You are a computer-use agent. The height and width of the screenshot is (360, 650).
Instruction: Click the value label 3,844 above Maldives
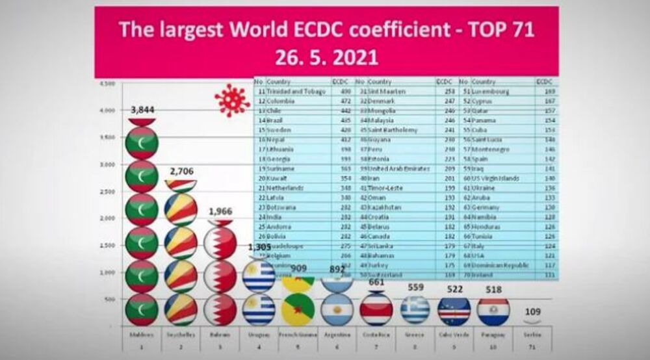click(142, 110)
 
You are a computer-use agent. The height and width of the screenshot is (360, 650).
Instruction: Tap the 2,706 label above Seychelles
click(181, 172)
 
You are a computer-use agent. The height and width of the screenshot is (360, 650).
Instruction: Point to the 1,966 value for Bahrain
click(220, 212)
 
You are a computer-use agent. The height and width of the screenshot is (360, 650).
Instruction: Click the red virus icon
click(232, 101)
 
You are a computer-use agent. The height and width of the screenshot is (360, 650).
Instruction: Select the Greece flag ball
click(415, 310)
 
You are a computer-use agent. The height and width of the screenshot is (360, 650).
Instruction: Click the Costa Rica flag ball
click(376, 310)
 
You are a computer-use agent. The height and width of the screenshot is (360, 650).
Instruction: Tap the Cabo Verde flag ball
click(454, 310)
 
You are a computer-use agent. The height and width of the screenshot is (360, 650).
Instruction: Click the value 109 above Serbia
click(532, 312)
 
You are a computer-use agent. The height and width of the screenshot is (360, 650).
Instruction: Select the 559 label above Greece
click(415, 287)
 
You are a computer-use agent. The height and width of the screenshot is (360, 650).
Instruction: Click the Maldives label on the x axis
click(142, 335)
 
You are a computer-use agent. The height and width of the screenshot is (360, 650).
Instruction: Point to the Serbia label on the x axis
click(532, 335)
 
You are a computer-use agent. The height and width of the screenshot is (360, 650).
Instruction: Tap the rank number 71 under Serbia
click(532, 347)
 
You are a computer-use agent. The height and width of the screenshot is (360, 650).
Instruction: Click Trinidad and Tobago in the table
click(291, 92)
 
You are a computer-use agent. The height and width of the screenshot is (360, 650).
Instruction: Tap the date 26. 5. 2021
click(326, 57)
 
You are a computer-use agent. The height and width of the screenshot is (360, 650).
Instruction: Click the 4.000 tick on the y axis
click(107, 110)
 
